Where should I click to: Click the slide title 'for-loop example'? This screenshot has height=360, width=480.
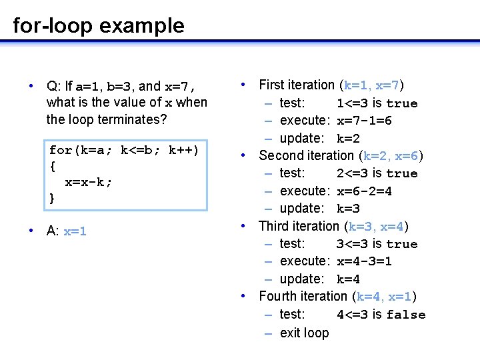coord(99,26)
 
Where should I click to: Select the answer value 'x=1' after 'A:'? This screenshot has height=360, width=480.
coord(75,231)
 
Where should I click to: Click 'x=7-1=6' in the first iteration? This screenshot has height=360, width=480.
coord(364,121)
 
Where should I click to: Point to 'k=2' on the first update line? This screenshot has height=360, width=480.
coord(348,139)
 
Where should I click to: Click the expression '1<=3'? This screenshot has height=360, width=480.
coord(353,103)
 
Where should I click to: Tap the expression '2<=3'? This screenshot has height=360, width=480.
coord(353,173)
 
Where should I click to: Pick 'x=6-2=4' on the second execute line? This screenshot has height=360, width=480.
coord(364,191)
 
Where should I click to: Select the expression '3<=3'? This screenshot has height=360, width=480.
coord(353,244)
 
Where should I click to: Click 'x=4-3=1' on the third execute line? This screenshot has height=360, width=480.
coord(364,261)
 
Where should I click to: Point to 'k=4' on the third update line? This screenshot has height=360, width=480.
coord(348,279)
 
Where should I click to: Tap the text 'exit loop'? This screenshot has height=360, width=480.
coord(305,333)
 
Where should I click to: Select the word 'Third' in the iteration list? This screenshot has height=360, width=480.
coord(273,227)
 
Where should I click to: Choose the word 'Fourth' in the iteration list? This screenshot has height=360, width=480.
coord(278,297)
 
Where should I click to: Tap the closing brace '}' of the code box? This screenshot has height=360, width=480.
coord(52,198)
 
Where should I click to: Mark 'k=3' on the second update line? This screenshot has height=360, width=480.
coord(348,209)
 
